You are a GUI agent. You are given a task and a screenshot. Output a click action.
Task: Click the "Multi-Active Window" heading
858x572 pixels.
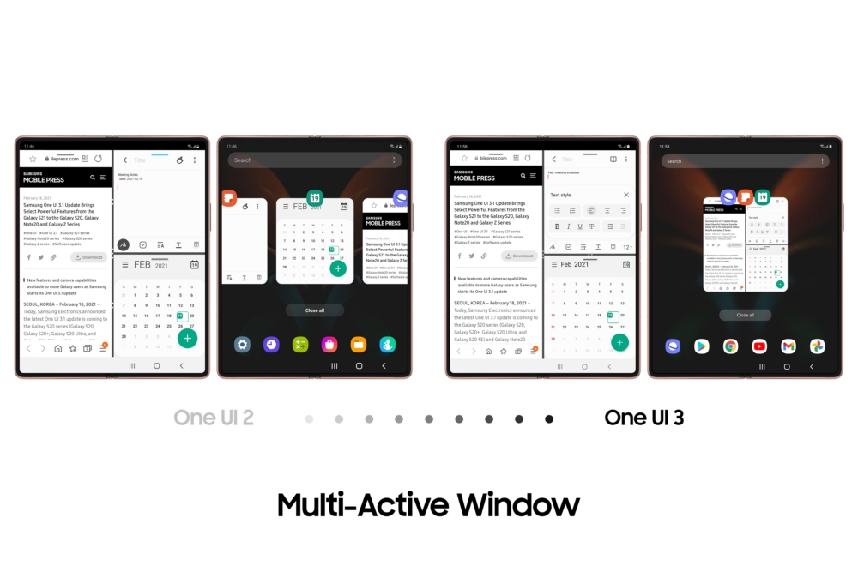tap(428, 504)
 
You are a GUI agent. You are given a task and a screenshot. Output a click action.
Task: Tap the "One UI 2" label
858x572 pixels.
tap(214, 418)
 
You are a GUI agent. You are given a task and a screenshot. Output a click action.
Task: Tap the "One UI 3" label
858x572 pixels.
tap(643, 418)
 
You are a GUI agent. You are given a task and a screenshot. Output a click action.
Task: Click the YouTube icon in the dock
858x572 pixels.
tap(759, 346)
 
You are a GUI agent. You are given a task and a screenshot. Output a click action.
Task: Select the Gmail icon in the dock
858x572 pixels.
tap(789, 346)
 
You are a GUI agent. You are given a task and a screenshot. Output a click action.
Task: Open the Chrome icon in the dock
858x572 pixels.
tap(730, 346)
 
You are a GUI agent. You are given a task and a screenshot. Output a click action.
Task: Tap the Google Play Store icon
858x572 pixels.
tap(701, 346)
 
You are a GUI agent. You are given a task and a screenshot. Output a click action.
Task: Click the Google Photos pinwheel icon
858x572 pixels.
tap(818, 346)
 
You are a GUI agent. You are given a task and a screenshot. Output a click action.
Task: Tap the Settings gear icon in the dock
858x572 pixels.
tap(243, 344)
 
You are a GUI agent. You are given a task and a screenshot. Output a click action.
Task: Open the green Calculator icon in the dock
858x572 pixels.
tap(301, 344)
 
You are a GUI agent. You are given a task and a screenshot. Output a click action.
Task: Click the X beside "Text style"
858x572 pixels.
tap(626, 196)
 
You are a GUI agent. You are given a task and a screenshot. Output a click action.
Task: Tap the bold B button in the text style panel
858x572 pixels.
tap(557, 226)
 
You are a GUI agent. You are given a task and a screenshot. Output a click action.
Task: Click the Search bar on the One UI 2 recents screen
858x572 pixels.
tap(309, 160)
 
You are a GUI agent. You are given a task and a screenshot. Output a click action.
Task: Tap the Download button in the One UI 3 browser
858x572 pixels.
tap(519, 256)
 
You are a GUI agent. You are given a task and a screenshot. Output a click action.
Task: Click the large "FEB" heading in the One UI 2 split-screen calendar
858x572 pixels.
tap(142, 265)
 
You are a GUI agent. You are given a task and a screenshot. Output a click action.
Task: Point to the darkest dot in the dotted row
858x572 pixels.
tap(549, 419)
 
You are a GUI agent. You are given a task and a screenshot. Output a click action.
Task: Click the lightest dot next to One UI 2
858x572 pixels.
tap(309, 419)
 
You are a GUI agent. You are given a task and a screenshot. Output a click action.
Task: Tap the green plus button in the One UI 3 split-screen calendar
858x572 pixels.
tap(619, 342)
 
